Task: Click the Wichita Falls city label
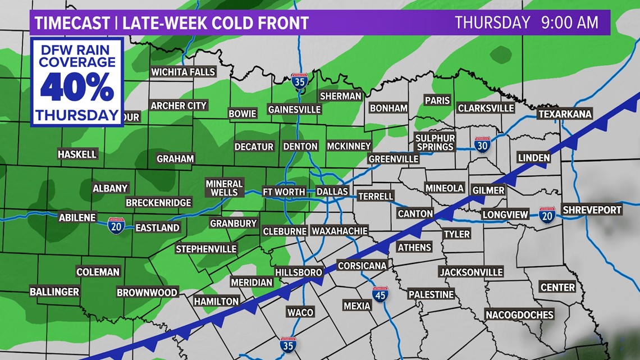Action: tap(183, 72)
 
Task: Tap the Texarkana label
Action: tap(565, 114)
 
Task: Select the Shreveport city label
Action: tap(592, 210)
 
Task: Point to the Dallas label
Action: tap(332, 192)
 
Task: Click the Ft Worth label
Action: tap(284, 192)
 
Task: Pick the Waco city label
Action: tap(300, 312)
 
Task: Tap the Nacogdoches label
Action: tap(519, 315)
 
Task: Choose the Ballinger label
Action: tap(54, 292)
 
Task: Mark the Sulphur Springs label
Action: tap(435, 142)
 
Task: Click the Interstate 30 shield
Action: tap(482, 145)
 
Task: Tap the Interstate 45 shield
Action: tap(380, 294)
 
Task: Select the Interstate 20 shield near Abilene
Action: tap(116, 225)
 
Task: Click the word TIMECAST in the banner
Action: tap(71, 23)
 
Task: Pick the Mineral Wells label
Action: tap(224, 188)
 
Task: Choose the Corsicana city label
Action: tap(362, 266)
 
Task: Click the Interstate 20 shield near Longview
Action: tap(547, 214)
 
